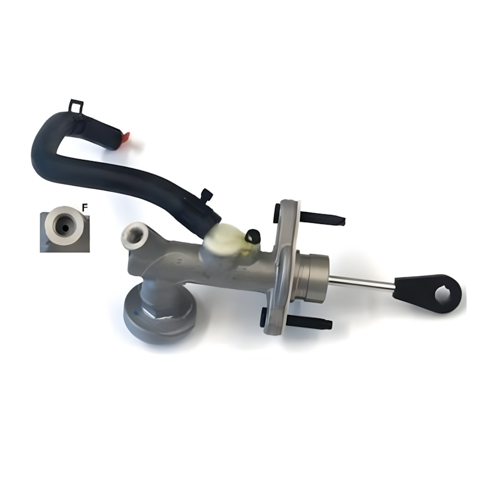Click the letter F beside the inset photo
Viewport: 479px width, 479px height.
(x=84, y=208)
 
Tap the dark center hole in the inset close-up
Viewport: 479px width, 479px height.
(x=65, y=228)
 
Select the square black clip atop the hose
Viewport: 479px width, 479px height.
(x=77, y=106)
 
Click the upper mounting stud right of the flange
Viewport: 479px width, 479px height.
(x=323, y=218)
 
